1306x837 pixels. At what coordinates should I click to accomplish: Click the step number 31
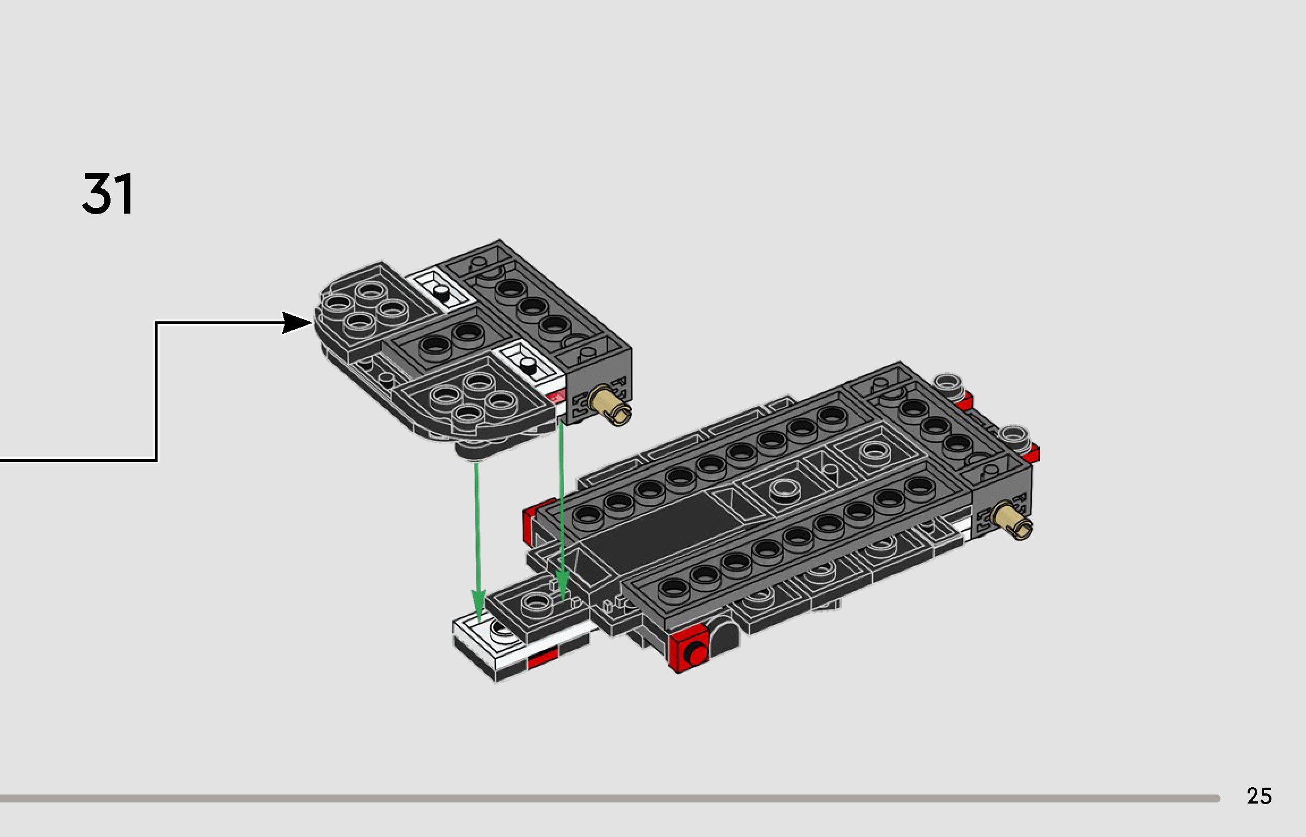click(108, 194)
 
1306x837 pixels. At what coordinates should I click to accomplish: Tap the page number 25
click(1259, 796)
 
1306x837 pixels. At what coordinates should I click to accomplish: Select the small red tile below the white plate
click(542, 659)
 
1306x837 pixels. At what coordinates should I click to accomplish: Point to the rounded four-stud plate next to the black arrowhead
click(363, 309)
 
